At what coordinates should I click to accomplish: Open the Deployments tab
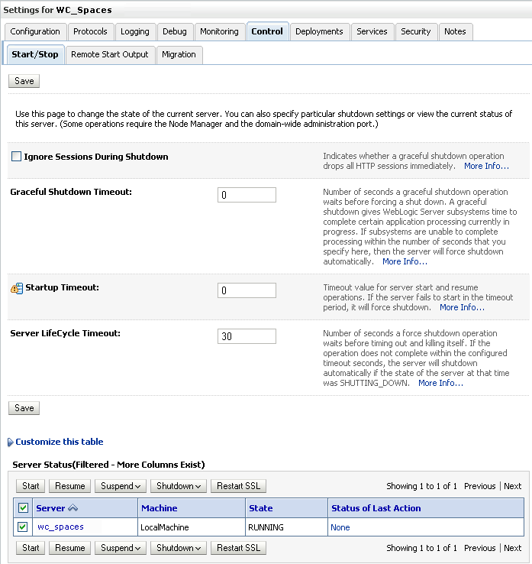(319, 31)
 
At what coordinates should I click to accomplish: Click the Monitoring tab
(219, 31)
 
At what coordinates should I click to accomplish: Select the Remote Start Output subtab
(110, 54)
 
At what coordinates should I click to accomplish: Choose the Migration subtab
(179, 54)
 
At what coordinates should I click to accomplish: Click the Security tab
(416, 31)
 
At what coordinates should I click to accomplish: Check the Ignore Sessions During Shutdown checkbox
(17, 157)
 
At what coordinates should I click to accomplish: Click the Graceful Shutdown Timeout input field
(247, 195)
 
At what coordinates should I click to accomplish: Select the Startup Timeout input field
(247, 290)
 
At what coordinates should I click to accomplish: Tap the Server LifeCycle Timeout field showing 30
(247, 336)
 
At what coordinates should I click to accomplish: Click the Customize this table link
(59, 442)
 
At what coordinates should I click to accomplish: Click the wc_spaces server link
(60, 527)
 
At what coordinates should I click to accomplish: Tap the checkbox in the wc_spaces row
(23, 527)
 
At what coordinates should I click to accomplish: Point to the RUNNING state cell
(266, 527)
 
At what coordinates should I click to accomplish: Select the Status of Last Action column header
(376, 507)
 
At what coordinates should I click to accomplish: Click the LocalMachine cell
(164, 527)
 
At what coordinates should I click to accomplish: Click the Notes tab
(455, 31)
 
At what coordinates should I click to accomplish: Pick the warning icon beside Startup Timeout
(17, 288)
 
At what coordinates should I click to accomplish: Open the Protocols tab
(91, 31)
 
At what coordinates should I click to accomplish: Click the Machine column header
(159, 507)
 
